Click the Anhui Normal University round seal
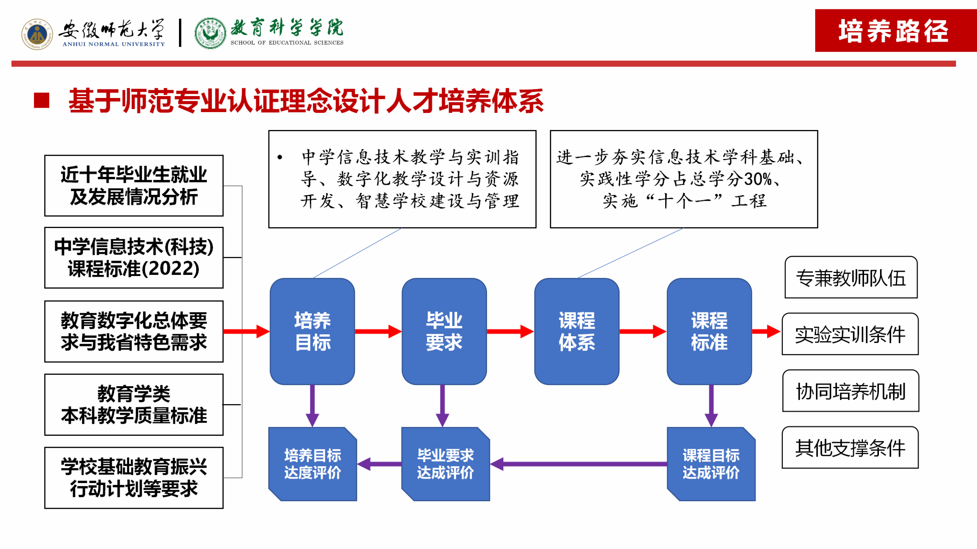click(37, 34)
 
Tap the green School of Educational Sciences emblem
click(210, 34)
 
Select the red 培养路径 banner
click(895, 30)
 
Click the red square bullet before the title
click(41, 100)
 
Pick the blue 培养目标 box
click(312, 331)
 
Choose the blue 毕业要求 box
click(444, 331)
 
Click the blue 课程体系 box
click(576, 331)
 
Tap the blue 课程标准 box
click(709, 331)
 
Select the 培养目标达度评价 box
click(312, 464)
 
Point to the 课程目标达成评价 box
click(711, 464)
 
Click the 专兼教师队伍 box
click(851, 277)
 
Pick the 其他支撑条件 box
click(850, 447)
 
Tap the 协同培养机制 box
click(850, 391)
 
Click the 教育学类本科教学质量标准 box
click(134, 405)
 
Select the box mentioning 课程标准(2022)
click(134, 258)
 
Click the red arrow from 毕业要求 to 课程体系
click(510, 332)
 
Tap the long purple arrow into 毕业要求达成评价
click(578, 464)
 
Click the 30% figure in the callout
click(757, 179)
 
